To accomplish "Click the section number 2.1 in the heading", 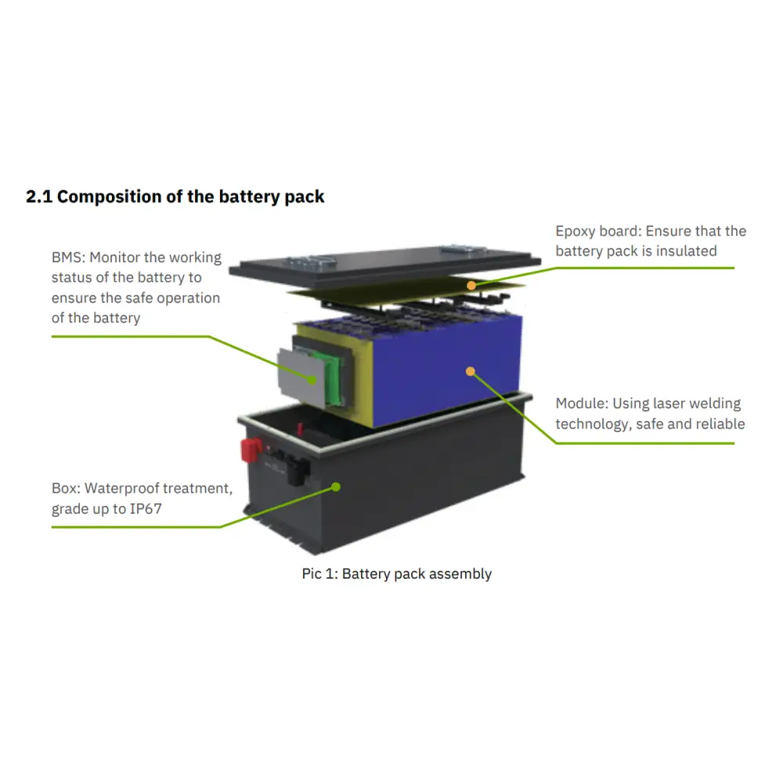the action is pyautogui.click(x=39, y=197).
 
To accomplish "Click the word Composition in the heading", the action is pyautogui.click(x=110, y=197).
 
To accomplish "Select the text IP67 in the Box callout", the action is pyautogui.click(x=146, y=509).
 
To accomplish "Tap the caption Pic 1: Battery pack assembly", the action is pyautogui.click(x=397, y=574).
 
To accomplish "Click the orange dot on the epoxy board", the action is pyautogui.click(x=471, y=286).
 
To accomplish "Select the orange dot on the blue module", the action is pyautogui.click(x=471, y=371).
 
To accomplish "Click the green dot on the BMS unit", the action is pyautogui.click(x=312, y=380).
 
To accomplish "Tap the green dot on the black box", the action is pyautogui.click(x=336, y=487).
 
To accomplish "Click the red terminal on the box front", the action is pyautogui.click(x=251, y=449).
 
